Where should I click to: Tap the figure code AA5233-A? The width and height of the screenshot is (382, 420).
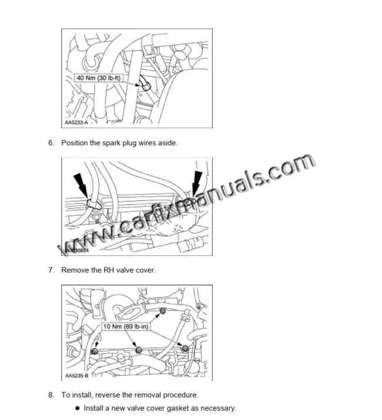tap(76, 123)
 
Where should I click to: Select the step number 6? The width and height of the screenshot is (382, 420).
tap(51, 143)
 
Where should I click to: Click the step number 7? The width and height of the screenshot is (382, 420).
tap(51, 270)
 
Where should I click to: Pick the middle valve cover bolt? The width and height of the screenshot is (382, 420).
tap(139, 351)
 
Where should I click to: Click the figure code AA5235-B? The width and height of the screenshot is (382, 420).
tap(76, 375)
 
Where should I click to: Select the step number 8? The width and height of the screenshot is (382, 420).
tap(51, 395)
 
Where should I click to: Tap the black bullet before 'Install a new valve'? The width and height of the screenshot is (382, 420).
tap(77, 408)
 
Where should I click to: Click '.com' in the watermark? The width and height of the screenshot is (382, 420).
tap(291, 168)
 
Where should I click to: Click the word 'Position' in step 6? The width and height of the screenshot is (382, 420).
tap(75, 143)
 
